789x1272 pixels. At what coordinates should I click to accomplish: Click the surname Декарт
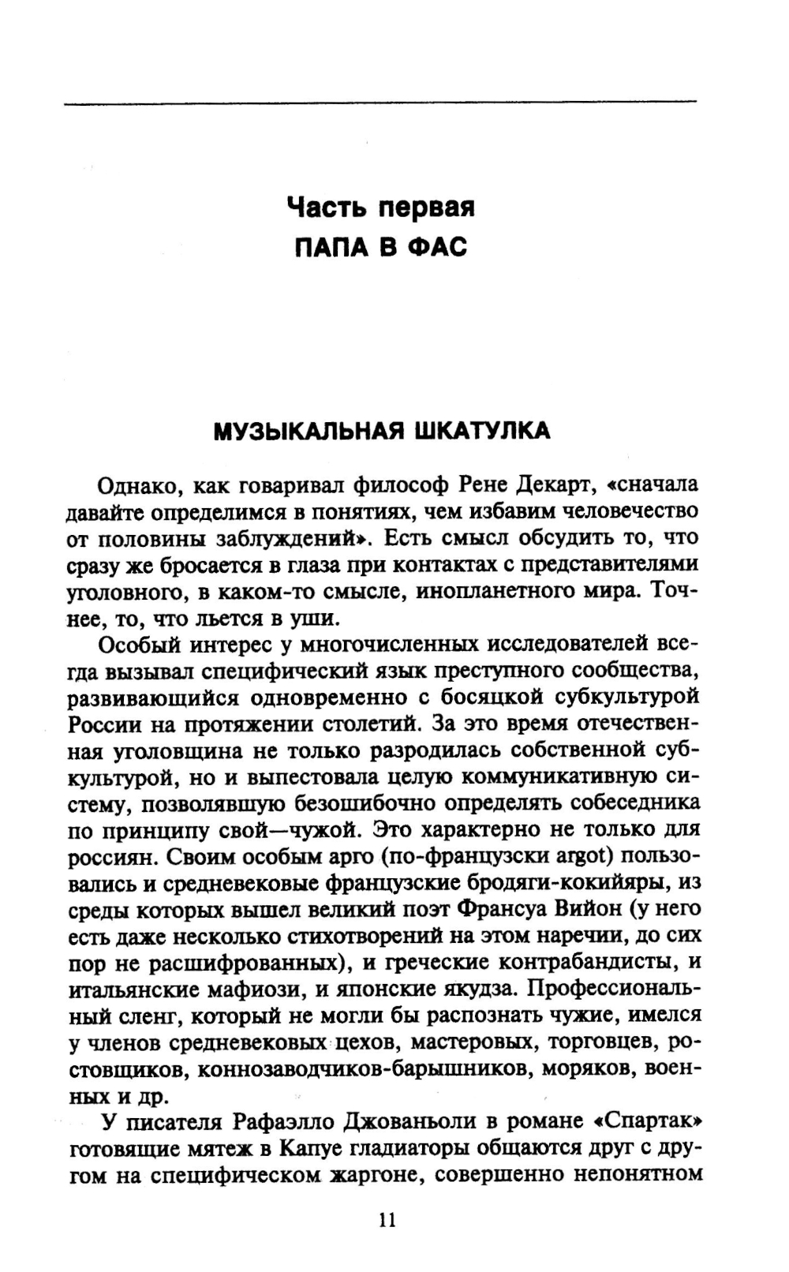[557, 483]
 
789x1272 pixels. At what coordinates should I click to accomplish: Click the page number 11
[387, 1220]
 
